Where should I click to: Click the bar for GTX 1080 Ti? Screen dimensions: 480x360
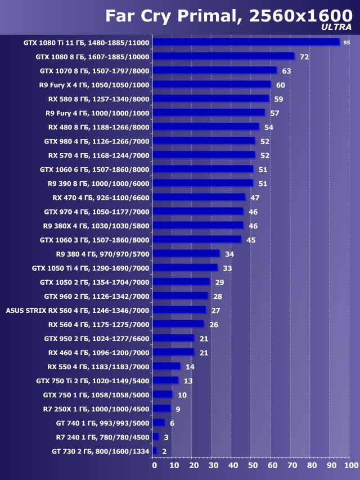click(246, 42)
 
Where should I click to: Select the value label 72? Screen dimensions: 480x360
click(304, 57)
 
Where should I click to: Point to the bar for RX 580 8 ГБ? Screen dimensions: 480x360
click(211, 98)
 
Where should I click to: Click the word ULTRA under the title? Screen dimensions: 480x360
click(336, 26)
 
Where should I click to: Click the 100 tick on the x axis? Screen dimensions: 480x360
click(350, 465)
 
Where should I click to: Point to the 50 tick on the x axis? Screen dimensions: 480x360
click(253, 465)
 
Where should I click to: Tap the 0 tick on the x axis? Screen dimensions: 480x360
click(154, 465)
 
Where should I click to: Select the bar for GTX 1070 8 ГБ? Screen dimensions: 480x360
click(214, 70)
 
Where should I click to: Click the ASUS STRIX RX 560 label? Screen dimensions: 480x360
click(78, 310)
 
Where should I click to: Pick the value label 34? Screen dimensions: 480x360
click(229, 254)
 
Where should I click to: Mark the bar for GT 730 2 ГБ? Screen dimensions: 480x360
click(155, 451)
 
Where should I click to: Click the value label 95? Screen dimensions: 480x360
click(346, 43)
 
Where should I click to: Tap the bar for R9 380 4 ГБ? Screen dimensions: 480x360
click(186, 253)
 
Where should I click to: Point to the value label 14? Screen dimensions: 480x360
click(190, 366)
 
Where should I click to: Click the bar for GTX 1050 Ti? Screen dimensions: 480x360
click(185, 267)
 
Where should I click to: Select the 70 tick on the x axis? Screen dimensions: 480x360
click(291, 465)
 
